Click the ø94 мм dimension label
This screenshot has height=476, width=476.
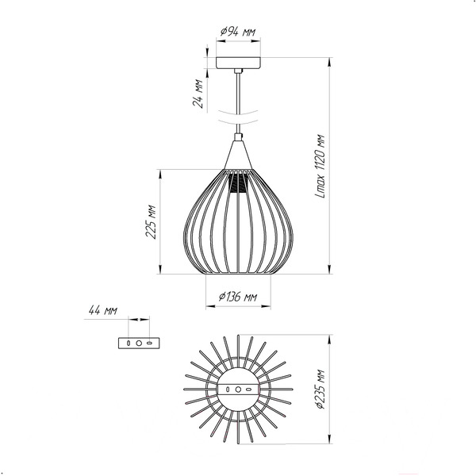(238, 31)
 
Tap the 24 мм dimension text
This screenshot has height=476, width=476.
(198, 93)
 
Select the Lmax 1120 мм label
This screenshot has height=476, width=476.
(321, 166)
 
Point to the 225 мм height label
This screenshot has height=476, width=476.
(151, 222)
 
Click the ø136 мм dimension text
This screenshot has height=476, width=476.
(238, 296)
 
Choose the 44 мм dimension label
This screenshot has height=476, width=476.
(102, 310)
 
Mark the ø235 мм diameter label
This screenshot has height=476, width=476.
(321, 389)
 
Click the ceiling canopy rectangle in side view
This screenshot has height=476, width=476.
(238, 63)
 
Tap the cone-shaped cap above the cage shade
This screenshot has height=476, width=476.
(238, 155)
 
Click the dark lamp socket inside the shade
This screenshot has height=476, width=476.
(238, 183)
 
